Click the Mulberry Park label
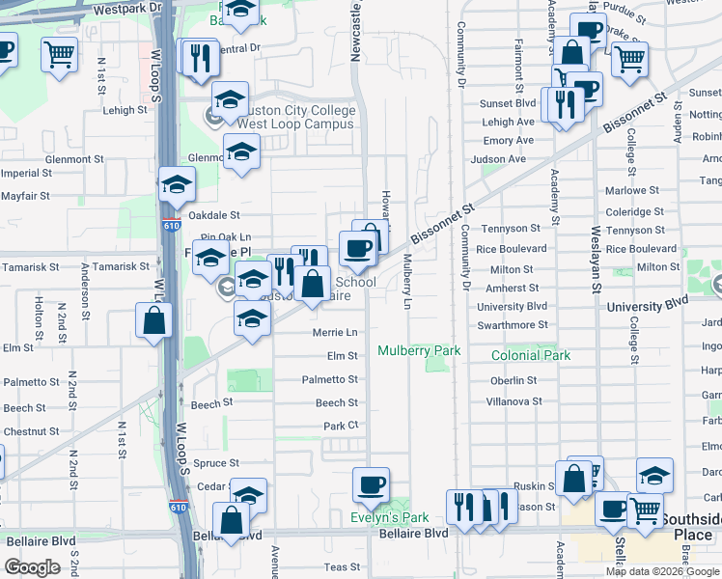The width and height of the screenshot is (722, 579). click(419, 351)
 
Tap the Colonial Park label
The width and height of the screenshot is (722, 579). click(530, 356)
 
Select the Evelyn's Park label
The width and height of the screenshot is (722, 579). click(390, 517)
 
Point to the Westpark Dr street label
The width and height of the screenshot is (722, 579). click(125, 9)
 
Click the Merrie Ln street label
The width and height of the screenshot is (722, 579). click(336, 332)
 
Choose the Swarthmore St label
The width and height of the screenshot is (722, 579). click(512, 326)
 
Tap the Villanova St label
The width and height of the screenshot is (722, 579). click(512, 401)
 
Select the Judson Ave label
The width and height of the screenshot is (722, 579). click(504, 159)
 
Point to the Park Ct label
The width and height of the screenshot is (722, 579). click(341, 426)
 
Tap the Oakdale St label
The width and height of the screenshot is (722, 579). click(213, 215)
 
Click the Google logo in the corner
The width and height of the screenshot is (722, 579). click(33, 568)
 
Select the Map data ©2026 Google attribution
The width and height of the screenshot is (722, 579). click(661, 571)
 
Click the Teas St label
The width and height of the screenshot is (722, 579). click(341, 567)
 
